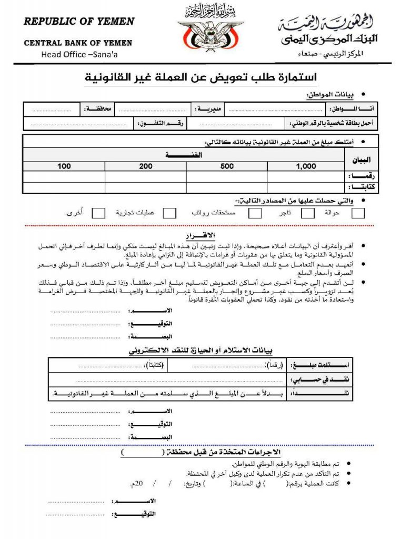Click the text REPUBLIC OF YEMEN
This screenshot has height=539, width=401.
click(79, 22)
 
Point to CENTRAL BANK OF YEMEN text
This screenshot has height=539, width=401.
click(78, 43)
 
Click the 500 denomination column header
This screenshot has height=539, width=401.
click(227, 166)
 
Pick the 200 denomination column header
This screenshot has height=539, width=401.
click(146, 166)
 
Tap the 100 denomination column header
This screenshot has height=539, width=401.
click(64, 166)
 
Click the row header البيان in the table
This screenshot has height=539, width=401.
click(361, 160)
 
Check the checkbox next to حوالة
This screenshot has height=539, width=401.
click(358, 213)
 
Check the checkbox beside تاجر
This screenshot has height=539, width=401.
click(308, 213)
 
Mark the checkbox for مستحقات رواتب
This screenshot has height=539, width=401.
click(255, 213)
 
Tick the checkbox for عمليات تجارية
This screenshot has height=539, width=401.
click(169, 213)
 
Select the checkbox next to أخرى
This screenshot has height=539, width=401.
click(98, 213)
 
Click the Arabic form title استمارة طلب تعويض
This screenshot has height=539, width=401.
click(200, 78)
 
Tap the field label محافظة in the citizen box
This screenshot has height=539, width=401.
click(98, 109)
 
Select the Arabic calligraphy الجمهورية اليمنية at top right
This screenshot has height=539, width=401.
click(326, 24)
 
